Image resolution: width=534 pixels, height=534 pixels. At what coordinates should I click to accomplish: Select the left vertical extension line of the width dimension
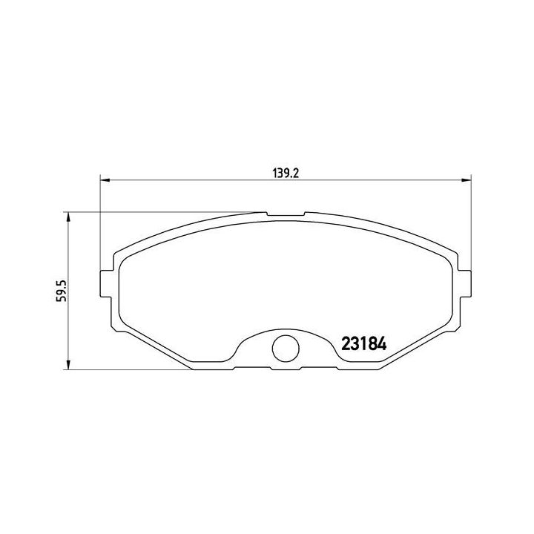(99, 222)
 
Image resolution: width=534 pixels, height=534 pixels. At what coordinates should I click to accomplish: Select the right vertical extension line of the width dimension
(472, 222)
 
